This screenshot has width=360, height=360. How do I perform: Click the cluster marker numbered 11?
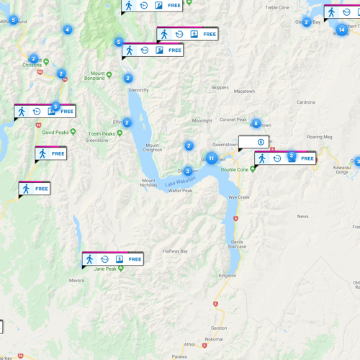pos(212,158)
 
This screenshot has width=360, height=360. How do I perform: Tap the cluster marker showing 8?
pos(256,124)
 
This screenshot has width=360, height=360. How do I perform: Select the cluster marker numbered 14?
pos(341,30)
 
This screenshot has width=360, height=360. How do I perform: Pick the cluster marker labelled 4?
pos(68,30)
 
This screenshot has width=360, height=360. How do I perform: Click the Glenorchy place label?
pos(138,90)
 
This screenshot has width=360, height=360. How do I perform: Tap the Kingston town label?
pos(228,276)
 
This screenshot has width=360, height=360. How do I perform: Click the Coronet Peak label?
pos(233,120)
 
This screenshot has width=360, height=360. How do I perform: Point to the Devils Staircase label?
pos(238,243)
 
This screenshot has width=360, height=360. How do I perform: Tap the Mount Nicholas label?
pos(149,183)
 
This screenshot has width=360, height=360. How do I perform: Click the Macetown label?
pos(244,91)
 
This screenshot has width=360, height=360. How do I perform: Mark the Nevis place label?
pos(302,216)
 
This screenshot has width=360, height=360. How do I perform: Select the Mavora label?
pos(77,280)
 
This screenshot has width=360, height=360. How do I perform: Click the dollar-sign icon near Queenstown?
pos(261,142)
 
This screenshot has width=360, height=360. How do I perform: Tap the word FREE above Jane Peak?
pos(135,258)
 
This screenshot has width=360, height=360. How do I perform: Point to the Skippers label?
pos(220,87)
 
